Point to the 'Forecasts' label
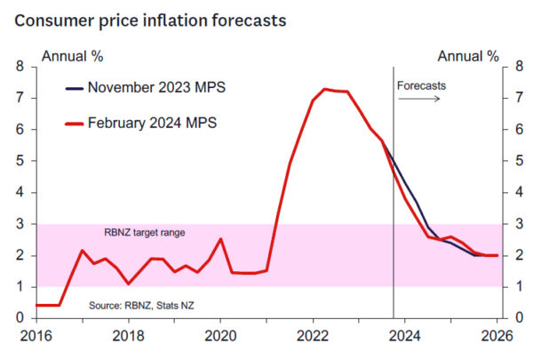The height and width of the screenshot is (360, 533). point(421,86)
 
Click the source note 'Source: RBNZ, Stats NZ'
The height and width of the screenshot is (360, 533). point(141,306)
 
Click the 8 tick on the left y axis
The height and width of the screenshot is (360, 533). point(20,67)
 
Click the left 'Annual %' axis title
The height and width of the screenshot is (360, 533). point(72,56)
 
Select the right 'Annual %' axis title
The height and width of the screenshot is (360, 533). point(468,56)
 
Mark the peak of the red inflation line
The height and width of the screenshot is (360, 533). point(325,89)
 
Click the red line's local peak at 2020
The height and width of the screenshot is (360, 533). point(221,238)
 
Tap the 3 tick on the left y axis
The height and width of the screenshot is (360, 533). point(20,224)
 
